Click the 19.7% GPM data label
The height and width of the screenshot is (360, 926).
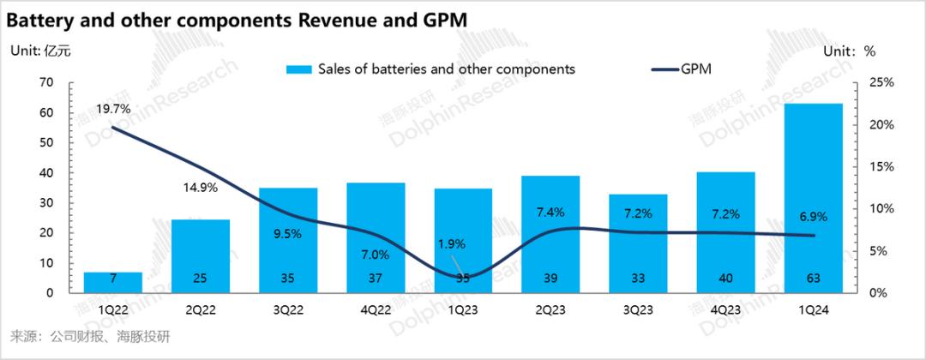(x=113, y=109)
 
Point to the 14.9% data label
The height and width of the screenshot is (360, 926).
(x=201, y=188)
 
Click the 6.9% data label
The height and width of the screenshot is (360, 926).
(x=813, y=217)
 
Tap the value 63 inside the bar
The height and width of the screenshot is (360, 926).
(x=813, y=279)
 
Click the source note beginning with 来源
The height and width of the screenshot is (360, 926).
(x=89, y=335)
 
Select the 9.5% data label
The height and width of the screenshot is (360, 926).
(x=288, y=233)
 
